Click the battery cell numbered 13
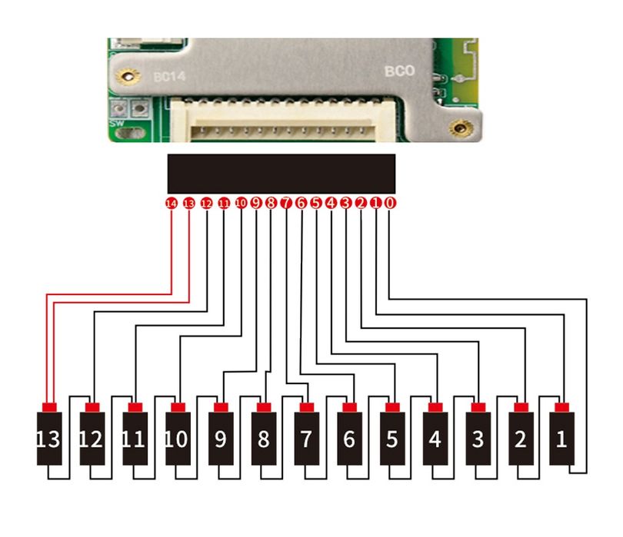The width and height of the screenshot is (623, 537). pos(49,438)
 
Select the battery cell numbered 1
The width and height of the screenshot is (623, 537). pos(562,438)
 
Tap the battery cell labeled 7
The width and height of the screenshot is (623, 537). pos(306,438)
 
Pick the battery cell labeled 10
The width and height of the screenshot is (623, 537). pos(178,438)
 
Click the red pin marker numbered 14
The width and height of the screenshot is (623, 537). pos(172,204)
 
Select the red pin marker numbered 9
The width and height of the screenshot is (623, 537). pos(255,203)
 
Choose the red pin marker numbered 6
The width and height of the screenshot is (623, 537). pos(301,203)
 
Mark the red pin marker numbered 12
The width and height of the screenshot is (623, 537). pos(205,204)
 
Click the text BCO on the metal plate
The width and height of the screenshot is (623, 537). pos(399,71)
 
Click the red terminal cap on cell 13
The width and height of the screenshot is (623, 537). pos(49,406)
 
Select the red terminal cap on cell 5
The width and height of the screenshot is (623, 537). pos(392,406)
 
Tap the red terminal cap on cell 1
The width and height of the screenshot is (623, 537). pos(562,406)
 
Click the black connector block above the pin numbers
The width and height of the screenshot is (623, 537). pos(281,174)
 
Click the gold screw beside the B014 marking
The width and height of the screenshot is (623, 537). pos(125,75)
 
